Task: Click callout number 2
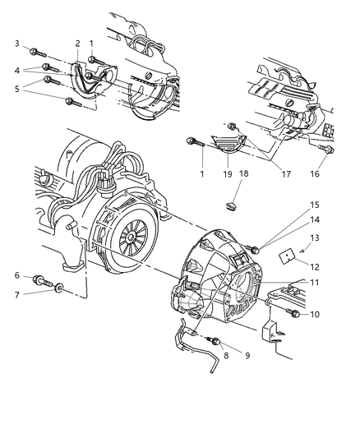click(x=77, y=43)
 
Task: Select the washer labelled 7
click(x=60, y=291)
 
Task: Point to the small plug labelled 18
click(x=232, y=201)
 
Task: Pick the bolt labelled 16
click(x=328, y=152)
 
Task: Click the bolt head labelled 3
click(x=31, y=50)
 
